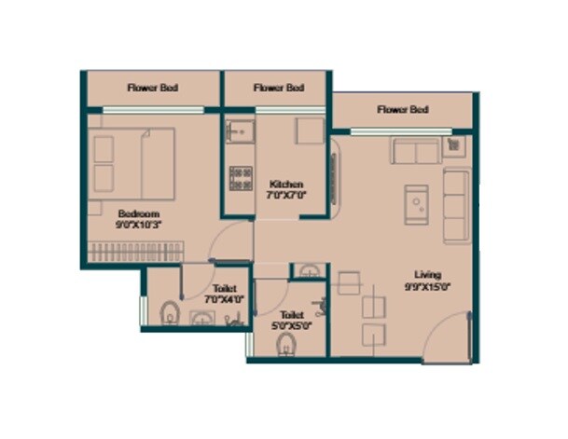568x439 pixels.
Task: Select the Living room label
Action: (x=428, y=274)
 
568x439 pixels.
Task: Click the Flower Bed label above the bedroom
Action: (x=153, y=89)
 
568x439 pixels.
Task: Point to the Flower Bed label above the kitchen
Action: (x=279, y=89)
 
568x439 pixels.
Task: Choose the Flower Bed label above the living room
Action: (x=403, y=110)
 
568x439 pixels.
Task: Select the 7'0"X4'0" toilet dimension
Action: (x=222, y=300)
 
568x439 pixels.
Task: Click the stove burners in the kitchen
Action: (x=240, y=177)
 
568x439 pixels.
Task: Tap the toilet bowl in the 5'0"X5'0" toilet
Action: (x=286, y=346)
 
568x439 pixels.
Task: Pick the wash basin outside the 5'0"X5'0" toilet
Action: (x=309, y=271)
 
